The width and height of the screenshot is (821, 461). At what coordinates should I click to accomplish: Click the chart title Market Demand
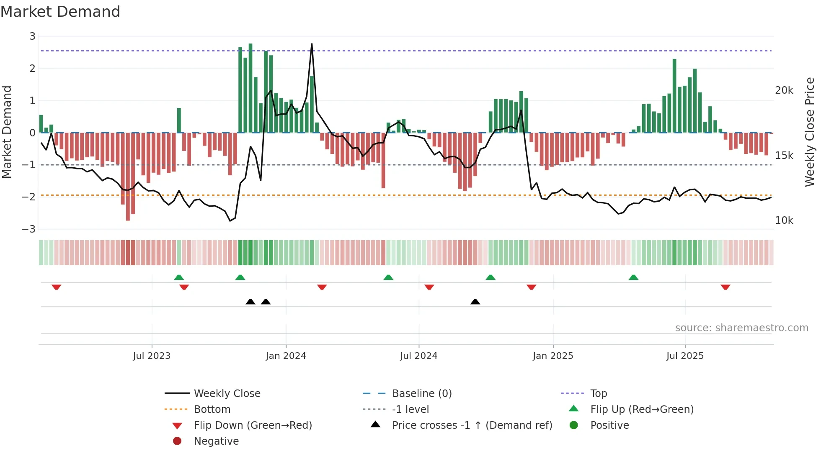[60, 12]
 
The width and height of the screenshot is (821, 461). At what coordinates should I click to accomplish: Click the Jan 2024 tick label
[286, 356]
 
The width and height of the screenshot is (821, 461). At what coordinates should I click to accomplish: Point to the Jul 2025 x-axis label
[685, 356]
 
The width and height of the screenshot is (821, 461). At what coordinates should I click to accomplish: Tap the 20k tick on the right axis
[784, 90]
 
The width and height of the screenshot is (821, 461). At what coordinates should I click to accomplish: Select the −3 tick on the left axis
[29, 229]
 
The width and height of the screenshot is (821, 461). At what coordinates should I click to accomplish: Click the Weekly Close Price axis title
[810, 132]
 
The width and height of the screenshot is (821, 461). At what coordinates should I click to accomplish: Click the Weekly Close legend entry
[227, 394]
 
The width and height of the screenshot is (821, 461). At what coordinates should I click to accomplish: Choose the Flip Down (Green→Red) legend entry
[253, 425]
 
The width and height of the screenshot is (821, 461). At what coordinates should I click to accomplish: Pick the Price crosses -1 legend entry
[472, 425]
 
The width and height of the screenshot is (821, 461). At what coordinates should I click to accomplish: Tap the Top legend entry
[598, 394]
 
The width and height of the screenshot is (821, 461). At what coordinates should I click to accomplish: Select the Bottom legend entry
[212, 410]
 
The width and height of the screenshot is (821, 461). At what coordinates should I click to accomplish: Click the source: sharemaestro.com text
[741, 328]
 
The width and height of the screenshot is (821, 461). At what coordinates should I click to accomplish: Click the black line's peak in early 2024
[312, 44]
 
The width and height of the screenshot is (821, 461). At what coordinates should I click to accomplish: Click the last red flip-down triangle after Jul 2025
[725, 287]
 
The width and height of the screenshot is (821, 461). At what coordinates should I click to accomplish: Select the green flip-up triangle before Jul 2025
[633, 277]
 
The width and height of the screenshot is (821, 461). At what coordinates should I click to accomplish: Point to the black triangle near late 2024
[475, 302]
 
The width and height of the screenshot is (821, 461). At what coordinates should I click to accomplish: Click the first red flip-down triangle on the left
[57, 287]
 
